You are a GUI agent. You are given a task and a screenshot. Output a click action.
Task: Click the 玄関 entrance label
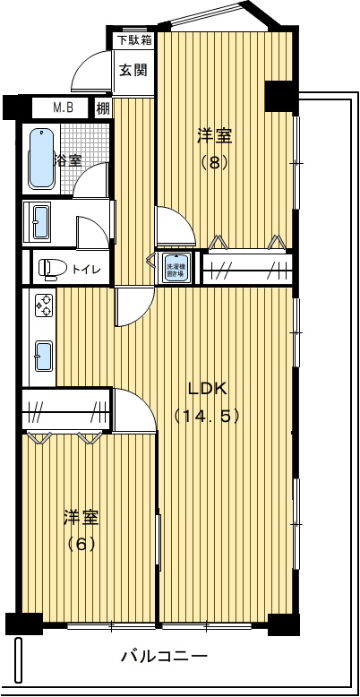[134, 70]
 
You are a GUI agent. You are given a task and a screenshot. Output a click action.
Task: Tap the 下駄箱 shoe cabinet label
[134, 40]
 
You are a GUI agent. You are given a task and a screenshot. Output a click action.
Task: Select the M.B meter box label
[63, 108]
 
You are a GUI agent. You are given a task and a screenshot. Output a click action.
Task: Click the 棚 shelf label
[103, 108]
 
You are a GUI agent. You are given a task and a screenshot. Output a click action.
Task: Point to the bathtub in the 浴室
[41, 159]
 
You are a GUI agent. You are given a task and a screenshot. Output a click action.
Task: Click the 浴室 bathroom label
[68, 161]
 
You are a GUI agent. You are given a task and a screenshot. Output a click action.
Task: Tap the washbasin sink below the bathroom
[41, 222]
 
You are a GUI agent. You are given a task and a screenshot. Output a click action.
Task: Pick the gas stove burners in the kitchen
[43, 306]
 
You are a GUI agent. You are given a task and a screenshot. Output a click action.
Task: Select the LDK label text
[208, 389]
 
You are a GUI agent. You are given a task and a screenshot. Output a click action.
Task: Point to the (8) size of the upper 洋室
[215, 163]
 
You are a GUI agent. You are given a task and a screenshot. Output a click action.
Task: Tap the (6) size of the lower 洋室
[81, 543]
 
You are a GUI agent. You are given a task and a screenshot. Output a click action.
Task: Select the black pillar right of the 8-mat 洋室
[279, 96]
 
